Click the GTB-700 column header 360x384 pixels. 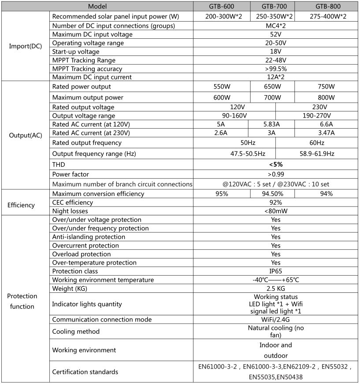(x=272, y=7)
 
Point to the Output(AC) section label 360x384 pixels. (x=26, y=135)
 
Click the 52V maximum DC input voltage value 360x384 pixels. (x=276, y=34)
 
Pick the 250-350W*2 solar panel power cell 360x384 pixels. (x=272, y=16)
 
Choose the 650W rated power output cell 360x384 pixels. (x=272, y=86)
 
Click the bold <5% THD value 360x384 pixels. (x=276, y=164)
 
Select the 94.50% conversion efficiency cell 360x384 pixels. (x=272, y=194)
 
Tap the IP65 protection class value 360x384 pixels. (x=276, y=271)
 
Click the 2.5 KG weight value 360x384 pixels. (x=276, y=288)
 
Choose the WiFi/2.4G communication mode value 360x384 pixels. (x=276, y=319)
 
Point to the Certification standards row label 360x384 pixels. (x=85, y=372)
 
